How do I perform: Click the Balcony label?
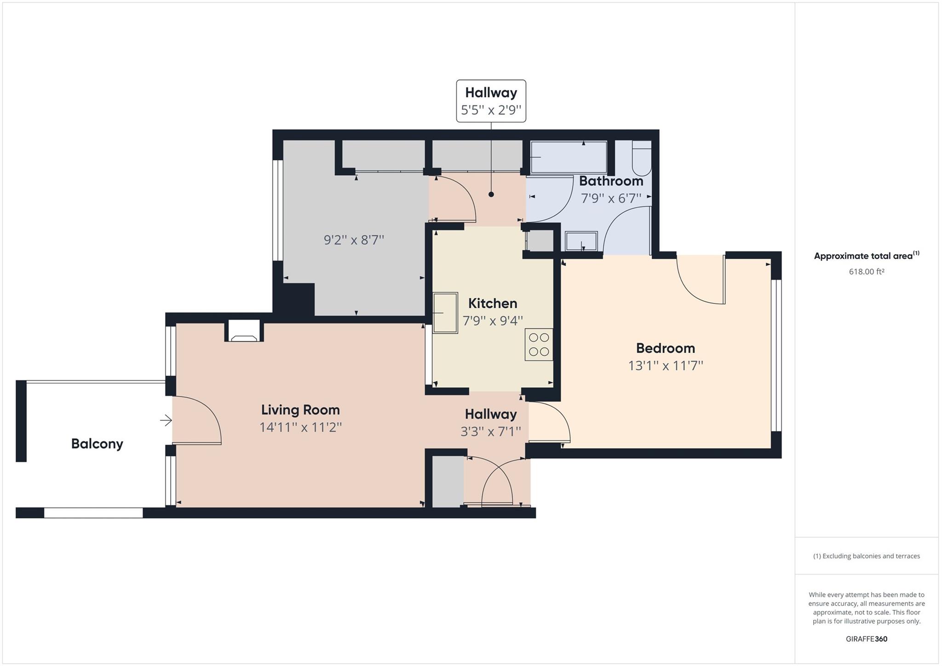point(97,444)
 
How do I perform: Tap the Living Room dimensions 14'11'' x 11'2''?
point(300,427)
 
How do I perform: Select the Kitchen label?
point(493,304)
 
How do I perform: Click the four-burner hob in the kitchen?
point(539,344)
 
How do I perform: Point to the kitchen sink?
point(445,313)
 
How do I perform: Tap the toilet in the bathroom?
point(642,158)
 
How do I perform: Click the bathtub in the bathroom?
point(569,157)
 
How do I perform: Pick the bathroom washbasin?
point(581,241)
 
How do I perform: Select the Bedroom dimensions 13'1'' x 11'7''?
point(666,366)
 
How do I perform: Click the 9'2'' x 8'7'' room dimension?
point(354,240)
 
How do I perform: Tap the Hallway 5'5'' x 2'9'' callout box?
point(491,101)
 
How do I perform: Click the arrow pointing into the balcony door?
point(166,420)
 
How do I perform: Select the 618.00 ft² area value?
point(867,272)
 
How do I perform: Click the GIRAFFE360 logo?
point(867,639)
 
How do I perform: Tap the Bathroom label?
point(611,181)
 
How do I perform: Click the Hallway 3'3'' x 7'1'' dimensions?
point(490,431)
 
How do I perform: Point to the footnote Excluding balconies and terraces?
point(867,556)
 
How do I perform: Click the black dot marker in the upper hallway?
point(491,195)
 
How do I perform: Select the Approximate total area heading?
point(867,256)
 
